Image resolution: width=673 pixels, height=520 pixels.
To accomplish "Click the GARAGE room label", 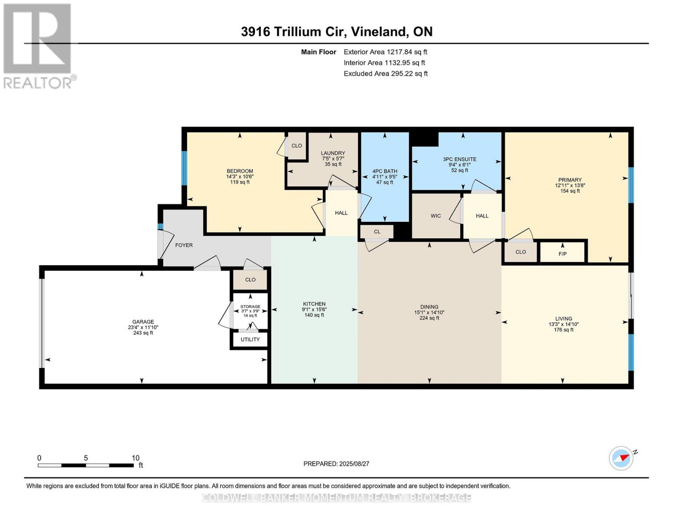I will (143, 322).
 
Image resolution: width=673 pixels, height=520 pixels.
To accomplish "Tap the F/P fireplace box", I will (562, 253).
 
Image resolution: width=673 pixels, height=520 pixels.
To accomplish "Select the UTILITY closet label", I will (250, 339).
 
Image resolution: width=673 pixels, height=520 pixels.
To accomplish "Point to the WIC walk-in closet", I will (436, 216).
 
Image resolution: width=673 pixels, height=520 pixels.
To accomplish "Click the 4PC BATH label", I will (384, 171).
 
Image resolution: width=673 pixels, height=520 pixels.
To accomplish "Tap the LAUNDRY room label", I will (333, 153).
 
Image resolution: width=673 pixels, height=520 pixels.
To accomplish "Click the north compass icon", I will (621, 458).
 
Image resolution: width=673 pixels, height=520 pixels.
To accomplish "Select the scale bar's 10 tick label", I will (136, 458).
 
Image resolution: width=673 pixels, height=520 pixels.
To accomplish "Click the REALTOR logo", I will (38, 45).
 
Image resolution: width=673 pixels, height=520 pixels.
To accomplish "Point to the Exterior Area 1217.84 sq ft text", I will (385, 52).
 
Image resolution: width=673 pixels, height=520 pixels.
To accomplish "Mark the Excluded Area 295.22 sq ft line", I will (386, 74).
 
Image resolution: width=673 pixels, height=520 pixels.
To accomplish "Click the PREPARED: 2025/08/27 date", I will (336, 464).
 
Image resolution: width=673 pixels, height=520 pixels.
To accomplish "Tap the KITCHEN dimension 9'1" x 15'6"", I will (314, 309).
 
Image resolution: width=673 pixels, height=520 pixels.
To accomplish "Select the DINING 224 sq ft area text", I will (429, 318).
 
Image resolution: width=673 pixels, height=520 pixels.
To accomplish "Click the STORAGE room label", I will (250, 306).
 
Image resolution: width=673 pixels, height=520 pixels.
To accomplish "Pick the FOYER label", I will (184, 245).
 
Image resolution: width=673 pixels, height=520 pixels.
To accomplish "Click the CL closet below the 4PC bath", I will (377, 231).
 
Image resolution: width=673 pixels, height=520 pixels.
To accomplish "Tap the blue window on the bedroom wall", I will (184, 168).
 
